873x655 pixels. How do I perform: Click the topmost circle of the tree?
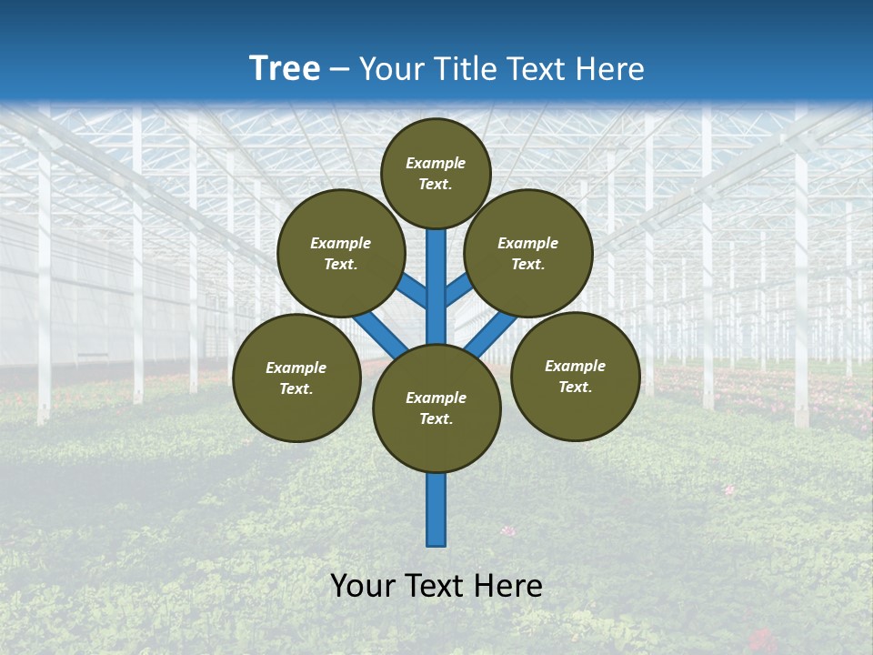436,173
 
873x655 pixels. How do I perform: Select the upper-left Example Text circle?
341,253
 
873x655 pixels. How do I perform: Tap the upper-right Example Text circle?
528,253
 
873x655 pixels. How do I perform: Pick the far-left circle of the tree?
296,378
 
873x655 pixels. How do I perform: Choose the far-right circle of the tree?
576,376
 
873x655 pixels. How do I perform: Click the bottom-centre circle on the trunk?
436,408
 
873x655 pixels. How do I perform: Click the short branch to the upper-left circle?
412,291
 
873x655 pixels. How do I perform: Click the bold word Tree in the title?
285,68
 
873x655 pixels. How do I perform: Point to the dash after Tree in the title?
340,69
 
